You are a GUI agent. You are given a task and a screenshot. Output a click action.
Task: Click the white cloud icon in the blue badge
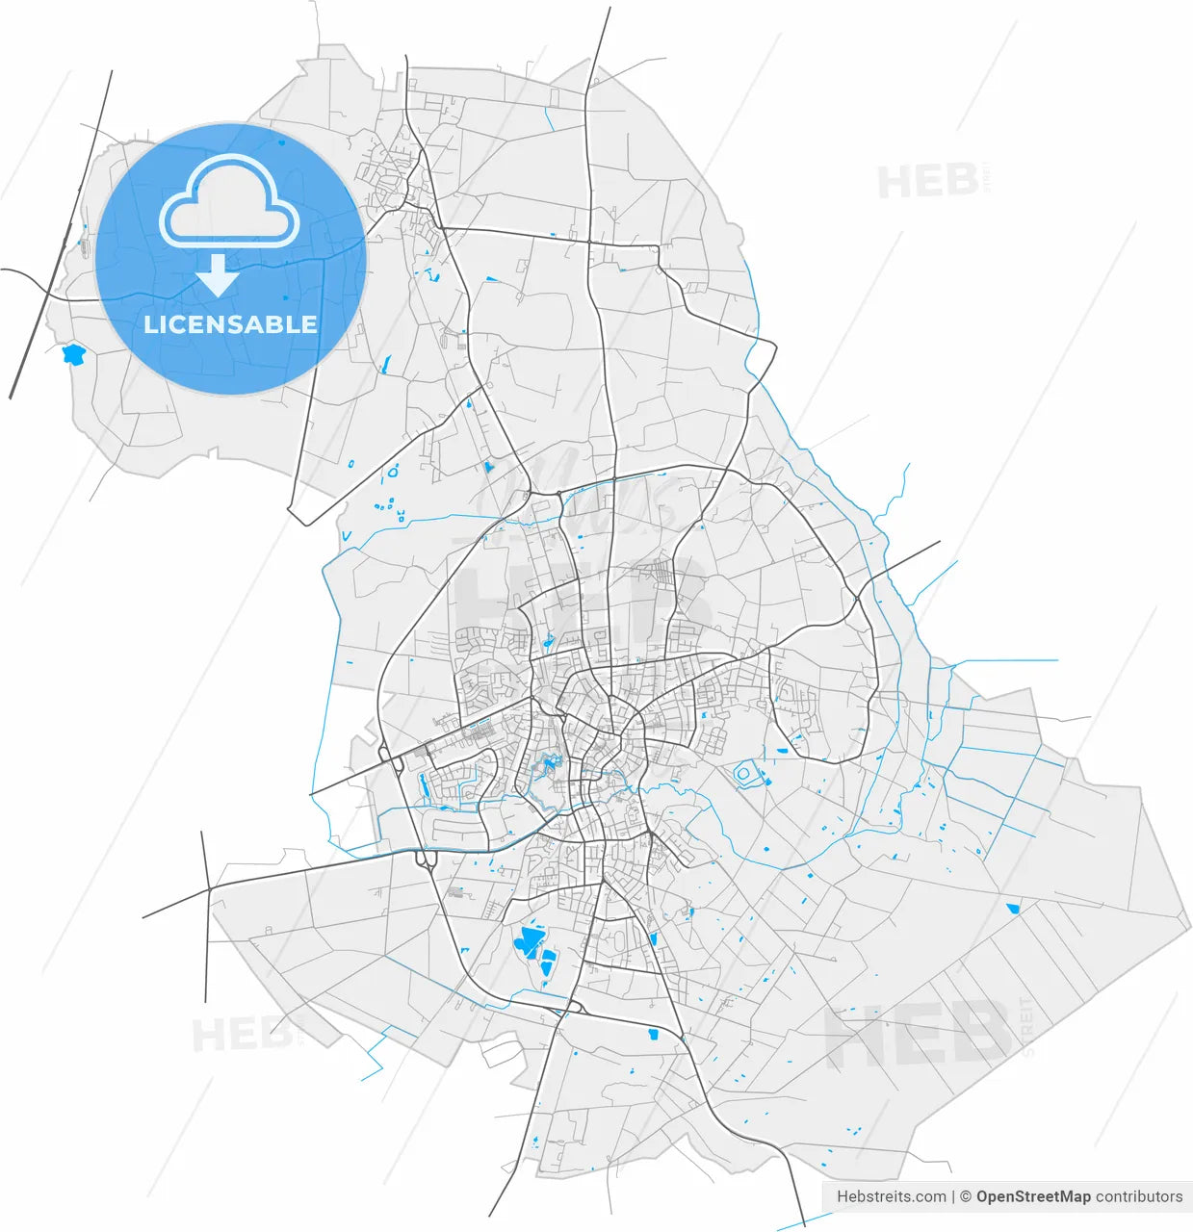point(229,201)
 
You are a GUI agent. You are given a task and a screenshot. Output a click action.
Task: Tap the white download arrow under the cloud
point(219,275)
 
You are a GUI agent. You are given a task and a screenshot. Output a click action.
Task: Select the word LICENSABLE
point(230,324)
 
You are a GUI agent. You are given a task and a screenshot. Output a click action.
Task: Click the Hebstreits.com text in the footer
point(891,1196)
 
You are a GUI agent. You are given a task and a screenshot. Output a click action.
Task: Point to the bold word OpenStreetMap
point(1033,1196)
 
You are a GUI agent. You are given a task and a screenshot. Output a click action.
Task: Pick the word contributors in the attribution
point(1139,1196)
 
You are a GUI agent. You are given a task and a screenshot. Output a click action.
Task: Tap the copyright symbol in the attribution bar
point(965,1196)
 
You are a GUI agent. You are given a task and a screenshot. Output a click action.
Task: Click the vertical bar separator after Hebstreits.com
point(953,1196)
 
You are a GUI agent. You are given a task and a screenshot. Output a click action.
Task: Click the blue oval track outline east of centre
point(746,773)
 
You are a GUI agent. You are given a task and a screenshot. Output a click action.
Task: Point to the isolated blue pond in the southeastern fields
point(1013,908)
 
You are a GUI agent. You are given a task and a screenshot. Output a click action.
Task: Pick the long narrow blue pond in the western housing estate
point(422,787)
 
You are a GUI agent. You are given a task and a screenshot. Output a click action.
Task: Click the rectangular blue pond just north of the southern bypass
point(653,1035)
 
